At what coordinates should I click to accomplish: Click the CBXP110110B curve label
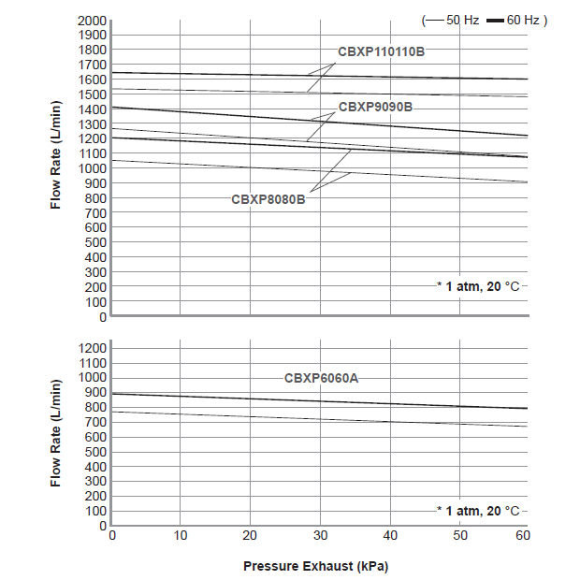381,51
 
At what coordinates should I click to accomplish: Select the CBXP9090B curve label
375,107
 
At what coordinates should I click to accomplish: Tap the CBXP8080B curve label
268,199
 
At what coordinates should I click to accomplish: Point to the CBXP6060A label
322,378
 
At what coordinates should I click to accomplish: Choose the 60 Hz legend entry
515,19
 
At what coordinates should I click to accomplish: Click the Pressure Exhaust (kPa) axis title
315,566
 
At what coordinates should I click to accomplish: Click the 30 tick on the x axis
320,535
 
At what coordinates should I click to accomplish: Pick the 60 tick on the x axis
523,535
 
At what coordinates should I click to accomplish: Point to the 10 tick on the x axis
181,535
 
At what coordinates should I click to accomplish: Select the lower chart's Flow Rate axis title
55,433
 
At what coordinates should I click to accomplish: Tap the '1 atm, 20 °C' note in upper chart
480,286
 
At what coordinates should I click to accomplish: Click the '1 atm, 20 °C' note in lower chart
480,511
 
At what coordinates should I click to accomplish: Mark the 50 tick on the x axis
459,535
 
